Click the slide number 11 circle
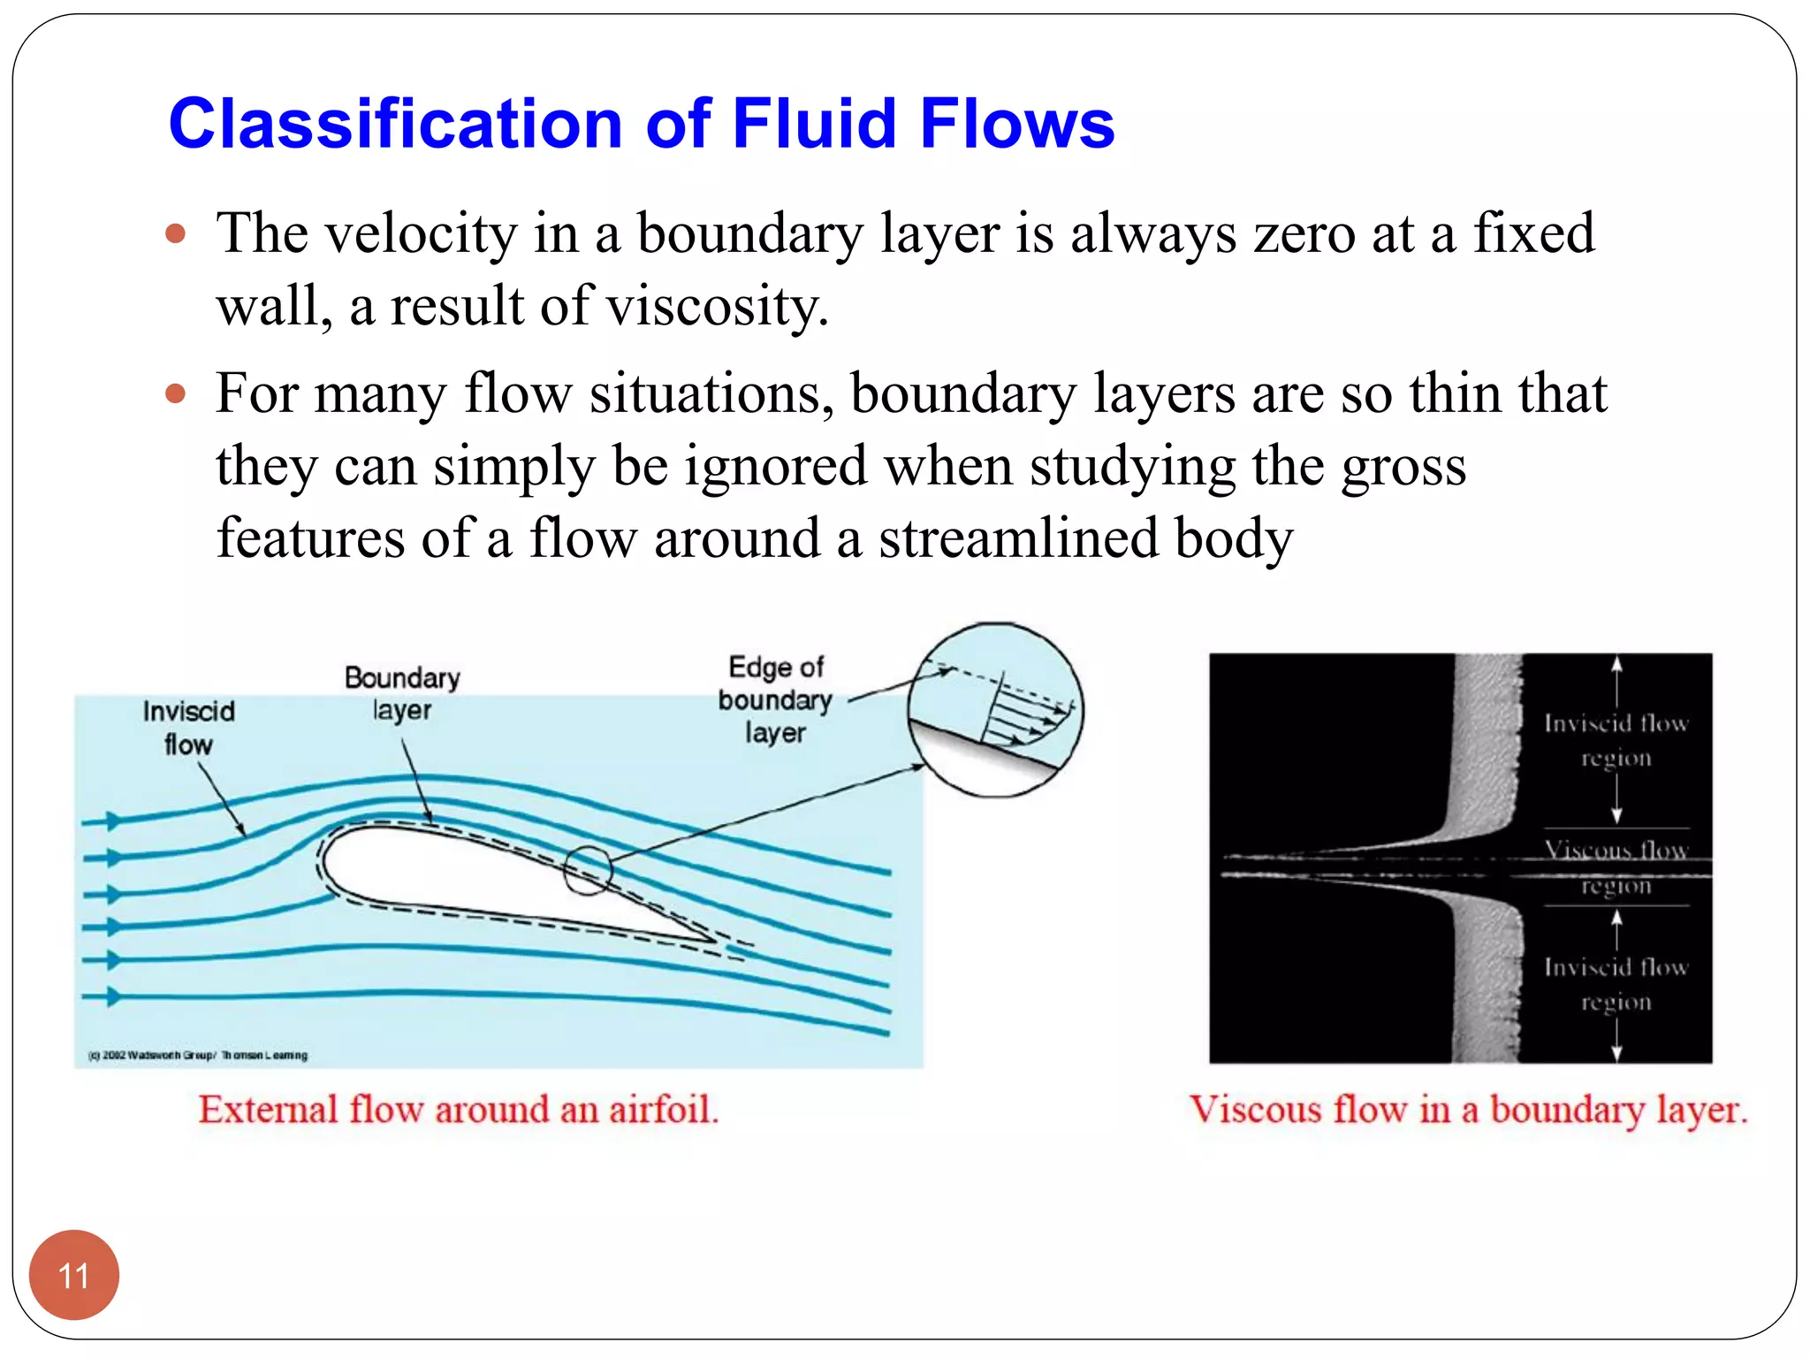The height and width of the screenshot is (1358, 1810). click(73, 1274)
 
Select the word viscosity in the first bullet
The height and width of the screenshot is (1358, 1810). click(717, 307)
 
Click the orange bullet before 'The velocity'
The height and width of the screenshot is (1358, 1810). click(177, 234)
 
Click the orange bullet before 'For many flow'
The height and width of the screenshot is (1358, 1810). click(177, 393)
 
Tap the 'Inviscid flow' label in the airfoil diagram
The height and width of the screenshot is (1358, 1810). click(188, 728)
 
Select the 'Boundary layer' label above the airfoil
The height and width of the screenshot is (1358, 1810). click(402, 693)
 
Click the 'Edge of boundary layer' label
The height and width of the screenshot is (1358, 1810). click(775, 699)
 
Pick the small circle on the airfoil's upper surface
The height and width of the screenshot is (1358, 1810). click(588, 870)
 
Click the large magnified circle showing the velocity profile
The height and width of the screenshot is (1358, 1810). click(996, 710)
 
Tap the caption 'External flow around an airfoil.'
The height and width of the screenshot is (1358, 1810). click(459, 1110)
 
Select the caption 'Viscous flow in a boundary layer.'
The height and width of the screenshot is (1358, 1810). click(1468, 1110)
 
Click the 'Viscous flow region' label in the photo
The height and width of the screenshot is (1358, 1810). click(1616, 867)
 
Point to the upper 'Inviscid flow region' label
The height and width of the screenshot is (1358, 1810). click(1616, 740)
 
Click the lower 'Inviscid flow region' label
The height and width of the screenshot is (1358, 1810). click(1616, 984)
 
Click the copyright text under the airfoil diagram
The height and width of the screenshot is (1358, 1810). click(198, 1055)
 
